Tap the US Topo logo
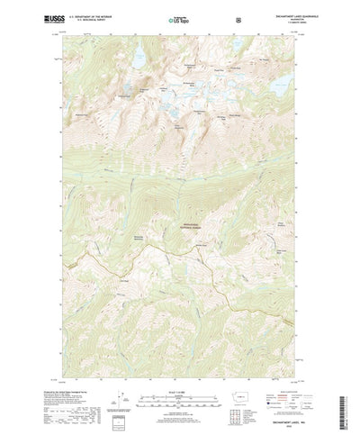click(177, 17)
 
